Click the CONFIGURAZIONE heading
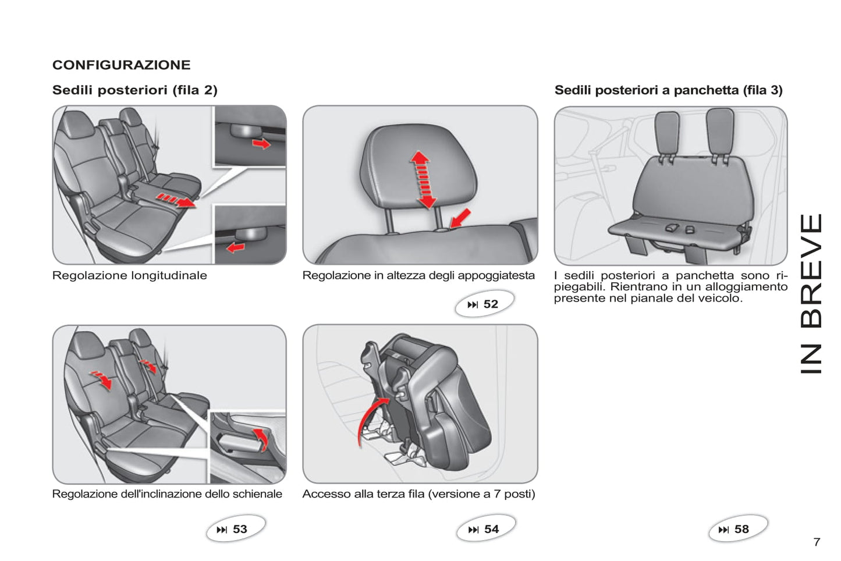pyautogui.click(x=121, y=65)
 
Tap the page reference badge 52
pyautogui.click(x=484, y=303)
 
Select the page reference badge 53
pyautogui.click(x=236, y=528)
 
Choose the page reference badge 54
pyautogui.click(x=486, y=528)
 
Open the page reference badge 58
pyautogui.click(x=738, y=528)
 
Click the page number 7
pyautogui.click(x=817, y=542)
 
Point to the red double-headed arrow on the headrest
pyautogui.click(x=423, y=180)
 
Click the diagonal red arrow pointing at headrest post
pyautogui.click(x=460, y=219)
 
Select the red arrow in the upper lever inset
pyautogui.click(x=261, y=143)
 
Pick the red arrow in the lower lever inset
pyautogui.click(x=236, y=247)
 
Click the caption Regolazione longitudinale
pyautogui.click(x=130, y=276)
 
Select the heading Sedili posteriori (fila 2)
pyautogui.click(x=135, y=90)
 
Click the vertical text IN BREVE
pyautogui.click(x=811, y=294)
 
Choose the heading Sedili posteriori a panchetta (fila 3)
pyautogui.click(x=669, y=90)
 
